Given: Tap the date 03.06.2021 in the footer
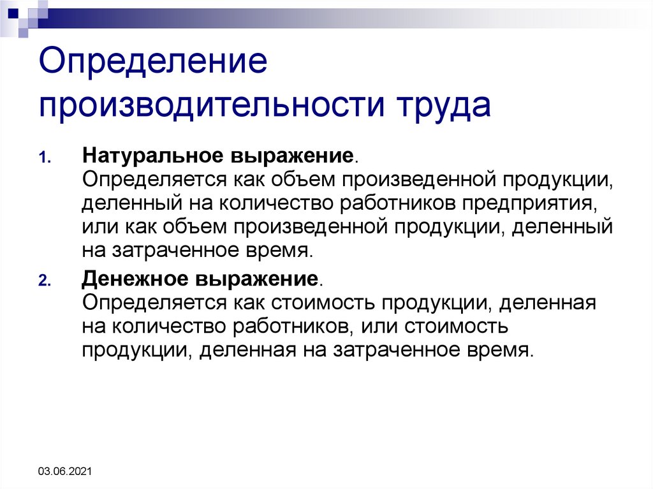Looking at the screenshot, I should pyautogui.click(x=65, y=472).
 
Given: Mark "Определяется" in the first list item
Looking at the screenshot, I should pyautogui.click(x=150, y=180).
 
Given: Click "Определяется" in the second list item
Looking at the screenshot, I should pyautogui.click(x=150, y=302).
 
